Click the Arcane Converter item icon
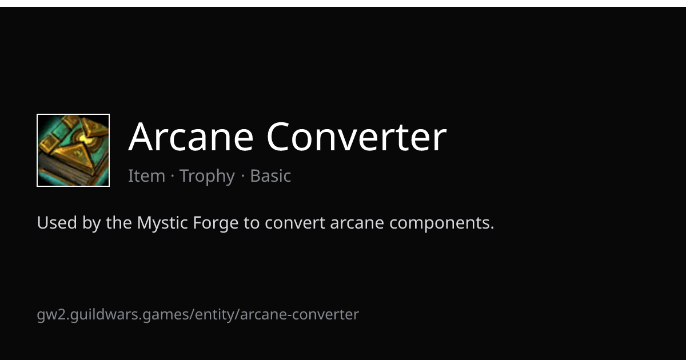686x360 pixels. click(73, 150)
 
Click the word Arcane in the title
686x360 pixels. click(191, 136)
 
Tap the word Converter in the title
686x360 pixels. click(357, 136)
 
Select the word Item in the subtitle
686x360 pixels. click(147, 176)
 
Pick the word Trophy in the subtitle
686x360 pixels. click(208, 177)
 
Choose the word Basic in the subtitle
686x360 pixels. click(270, 176)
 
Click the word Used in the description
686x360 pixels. click(57, 222)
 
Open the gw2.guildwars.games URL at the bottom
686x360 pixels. click(198, 315)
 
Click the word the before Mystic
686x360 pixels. click(119, 222)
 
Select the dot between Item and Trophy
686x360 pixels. click(173, 177)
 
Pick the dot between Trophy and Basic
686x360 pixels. click(243, 177)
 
